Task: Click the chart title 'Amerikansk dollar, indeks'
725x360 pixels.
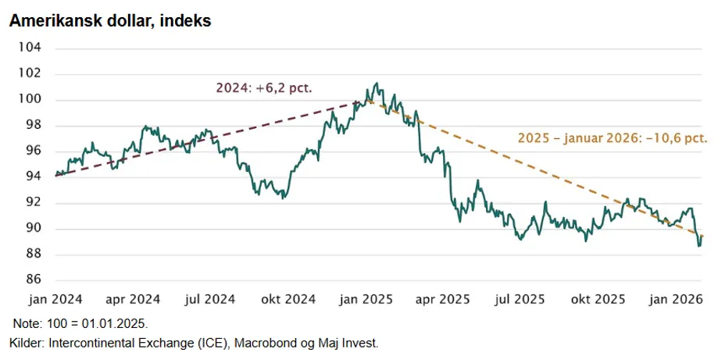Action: [x=110, y=21]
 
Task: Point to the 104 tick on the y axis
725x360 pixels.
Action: [x=30, y=48]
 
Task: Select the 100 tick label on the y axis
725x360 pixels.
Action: [x=30, y=99]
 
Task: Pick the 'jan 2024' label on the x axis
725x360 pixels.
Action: [x=55, y=299]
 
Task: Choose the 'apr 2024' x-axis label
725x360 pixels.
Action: [x=132, y=299]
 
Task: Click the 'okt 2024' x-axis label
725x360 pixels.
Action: [x=287, y=299]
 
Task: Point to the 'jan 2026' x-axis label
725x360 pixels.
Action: [x=675, y=299]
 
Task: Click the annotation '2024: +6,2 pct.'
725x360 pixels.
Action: [x=264, y=88]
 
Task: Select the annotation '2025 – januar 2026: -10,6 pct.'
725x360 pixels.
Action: [x=612, y=138]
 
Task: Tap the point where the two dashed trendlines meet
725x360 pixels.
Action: [x=362, y=101]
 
